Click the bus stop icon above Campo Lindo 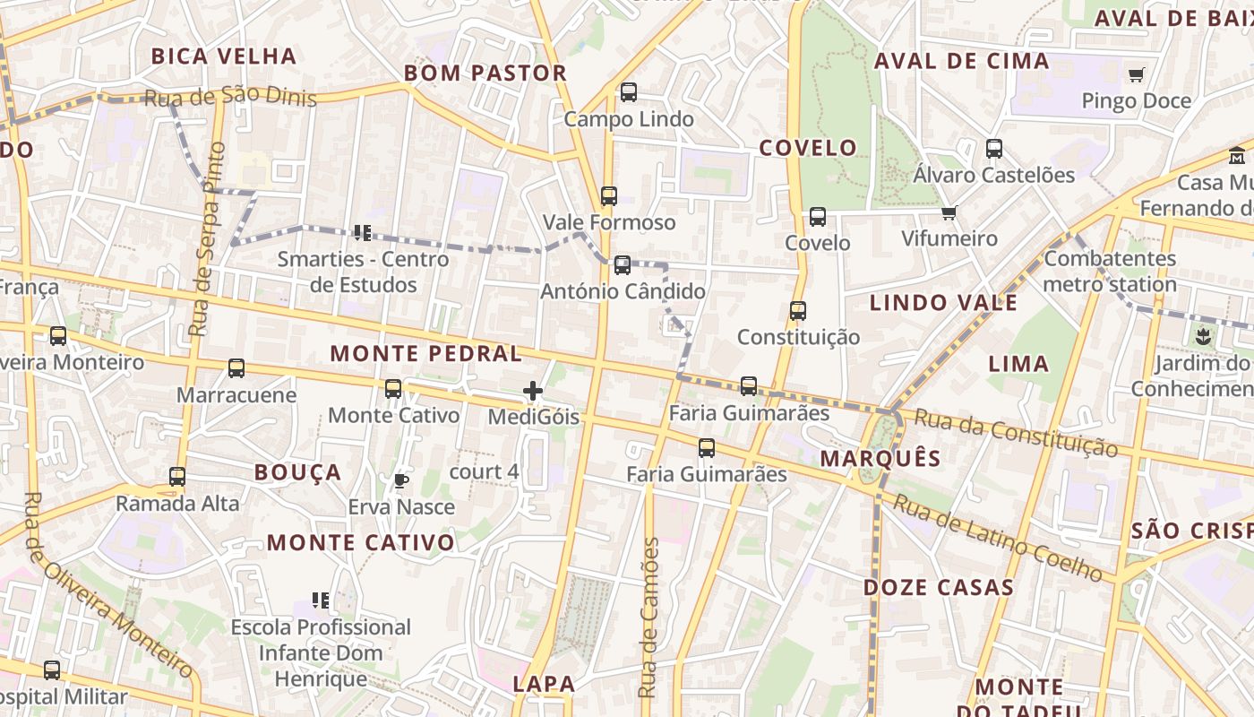628,92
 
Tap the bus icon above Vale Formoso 609,195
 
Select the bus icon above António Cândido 622,265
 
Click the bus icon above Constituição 797,311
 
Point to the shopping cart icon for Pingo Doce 1136,75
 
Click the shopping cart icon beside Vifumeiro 949,212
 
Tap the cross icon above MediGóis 533,391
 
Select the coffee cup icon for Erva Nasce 401,481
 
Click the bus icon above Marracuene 236,368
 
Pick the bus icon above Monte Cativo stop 392,389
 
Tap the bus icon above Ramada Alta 177,477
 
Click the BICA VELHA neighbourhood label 224,56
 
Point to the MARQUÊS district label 880,459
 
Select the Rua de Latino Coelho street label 998,538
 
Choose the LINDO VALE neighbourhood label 943,303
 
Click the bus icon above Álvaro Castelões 993,149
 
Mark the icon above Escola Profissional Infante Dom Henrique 321,600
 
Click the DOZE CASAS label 938,588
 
